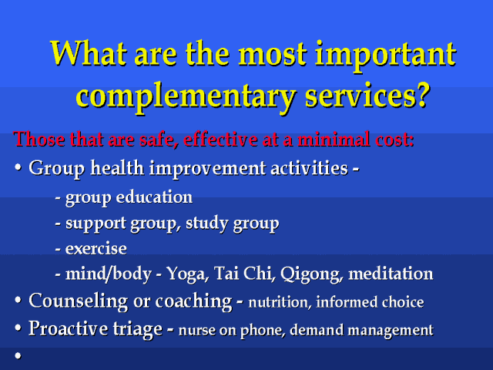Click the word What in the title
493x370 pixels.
[x=89, y=53]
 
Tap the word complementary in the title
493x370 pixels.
[x=186, y=96]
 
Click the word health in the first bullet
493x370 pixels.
[x=117, y=168]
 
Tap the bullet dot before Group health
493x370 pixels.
[x=18, y=168]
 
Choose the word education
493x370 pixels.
[x=154, y=197]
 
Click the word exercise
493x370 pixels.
[x=96, y=248]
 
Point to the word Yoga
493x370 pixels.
[x=187, y=274]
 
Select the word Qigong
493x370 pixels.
[x=311, y=274]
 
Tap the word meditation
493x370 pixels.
[x=391, y=274]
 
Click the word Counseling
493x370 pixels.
[x=79, y=301]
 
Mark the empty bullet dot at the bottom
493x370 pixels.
[x=18, y=356]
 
